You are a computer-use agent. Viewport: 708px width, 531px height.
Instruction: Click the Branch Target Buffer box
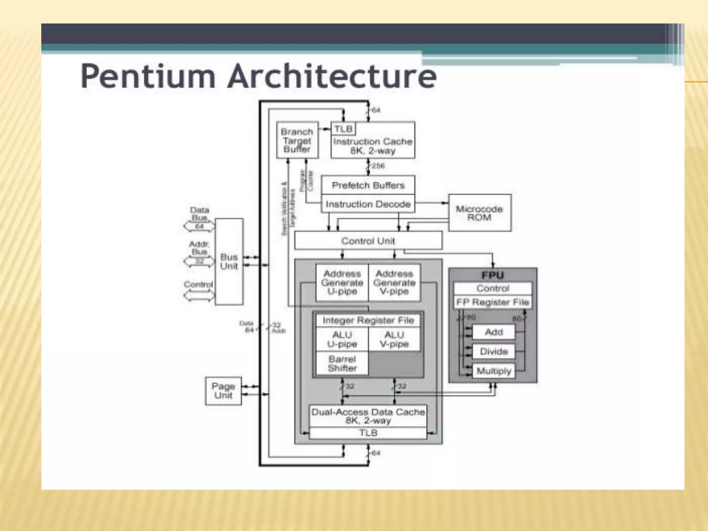[x=297, y=140]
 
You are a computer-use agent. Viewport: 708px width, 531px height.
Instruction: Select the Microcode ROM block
[x=479, y=213]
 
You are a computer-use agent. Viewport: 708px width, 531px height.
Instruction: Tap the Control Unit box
[x=368, y=241]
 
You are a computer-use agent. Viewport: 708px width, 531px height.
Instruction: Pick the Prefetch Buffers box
[x=368, y=185]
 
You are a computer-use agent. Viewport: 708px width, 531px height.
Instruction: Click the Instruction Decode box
[x=368, y=204]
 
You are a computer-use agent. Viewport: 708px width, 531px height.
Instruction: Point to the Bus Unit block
[x=229, y=261]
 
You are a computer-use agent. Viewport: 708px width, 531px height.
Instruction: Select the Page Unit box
[x=223, y=391]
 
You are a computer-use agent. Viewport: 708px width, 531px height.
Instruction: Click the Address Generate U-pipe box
[x=342, y=282]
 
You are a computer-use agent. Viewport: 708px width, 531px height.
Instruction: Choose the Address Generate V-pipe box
[x=394, y=282]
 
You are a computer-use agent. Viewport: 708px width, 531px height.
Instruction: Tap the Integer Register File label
[x=368, y=320]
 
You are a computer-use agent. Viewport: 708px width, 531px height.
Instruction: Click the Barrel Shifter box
[x=342, y=363]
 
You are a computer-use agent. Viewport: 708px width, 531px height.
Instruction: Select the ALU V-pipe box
[x=394, y=339]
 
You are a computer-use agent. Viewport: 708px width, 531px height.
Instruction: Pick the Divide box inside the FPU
[x=493, y=351]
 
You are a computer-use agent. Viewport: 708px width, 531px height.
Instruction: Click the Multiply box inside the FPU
[x=493, y=371]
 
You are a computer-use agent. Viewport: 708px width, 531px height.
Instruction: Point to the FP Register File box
[x=492, y=302]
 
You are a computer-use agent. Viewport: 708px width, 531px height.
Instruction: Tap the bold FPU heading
[x=492, y=275]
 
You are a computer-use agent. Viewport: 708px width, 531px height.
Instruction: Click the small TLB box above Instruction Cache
[x=343, y=129]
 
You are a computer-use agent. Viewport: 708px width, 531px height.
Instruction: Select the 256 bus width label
[x=378, y=166]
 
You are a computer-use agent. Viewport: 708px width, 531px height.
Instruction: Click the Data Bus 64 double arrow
[x=199, y=226]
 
